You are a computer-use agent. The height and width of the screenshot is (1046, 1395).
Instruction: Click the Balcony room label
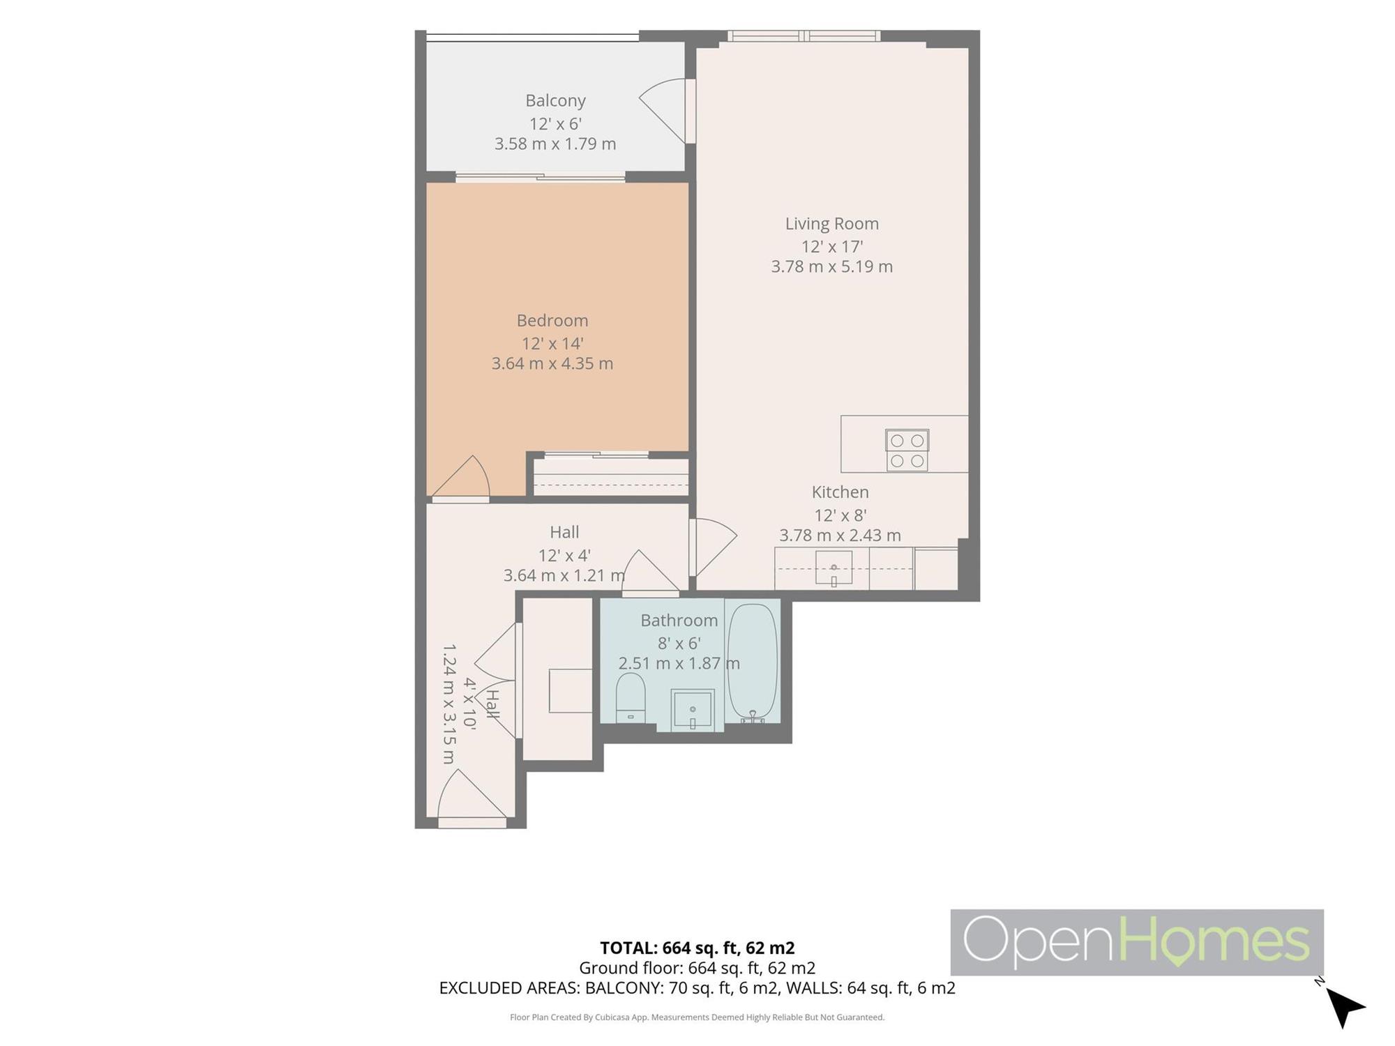[x=555, y=100]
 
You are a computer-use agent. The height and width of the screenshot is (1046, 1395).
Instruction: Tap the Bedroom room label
[x=552, y=321]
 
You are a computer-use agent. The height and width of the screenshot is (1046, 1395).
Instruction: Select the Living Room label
[x=832, y=224]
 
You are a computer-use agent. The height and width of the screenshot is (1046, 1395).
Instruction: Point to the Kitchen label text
[x=840, y=492]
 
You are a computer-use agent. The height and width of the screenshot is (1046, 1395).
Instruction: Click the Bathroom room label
[x=679, y=621]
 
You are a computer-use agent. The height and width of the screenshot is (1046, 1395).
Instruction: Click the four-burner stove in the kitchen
[x=907, y=450]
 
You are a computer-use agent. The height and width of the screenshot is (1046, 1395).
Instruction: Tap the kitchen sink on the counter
[x=834, y=568]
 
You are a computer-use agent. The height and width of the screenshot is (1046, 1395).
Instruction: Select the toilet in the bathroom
[x=631, y=697]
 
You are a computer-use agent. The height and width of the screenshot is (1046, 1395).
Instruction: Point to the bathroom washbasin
[x=693, y=710]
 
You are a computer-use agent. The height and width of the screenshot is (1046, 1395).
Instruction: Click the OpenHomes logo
[x=1137, y=942]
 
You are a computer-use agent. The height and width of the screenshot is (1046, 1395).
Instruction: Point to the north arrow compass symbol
[x=1343, y=1006]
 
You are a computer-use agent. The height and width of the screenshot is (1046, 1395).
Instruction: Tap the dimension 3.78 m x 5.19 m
[x=832, y=266]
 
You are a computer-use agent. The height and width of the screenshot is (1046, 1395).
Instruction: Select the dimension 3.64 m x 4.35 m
[x=552, y=363]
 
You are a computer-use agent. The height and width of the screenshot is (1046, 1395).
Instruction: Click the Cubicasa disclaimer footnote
[x=697, y=1017]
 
